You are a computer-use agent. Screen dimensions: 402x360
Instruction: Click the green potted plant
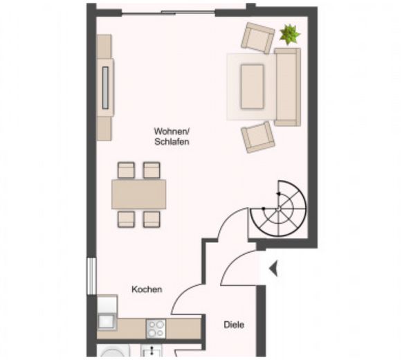click(x=290, y=34)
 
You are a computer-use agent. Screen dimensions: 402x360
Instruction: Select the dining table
click(x=138, y=195)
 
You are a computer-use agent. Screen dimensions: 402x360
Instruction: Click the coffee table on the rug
click(x=252, y=87)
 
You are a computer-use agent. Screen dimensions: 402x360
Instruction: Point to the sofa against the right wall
click(x=287, y=87)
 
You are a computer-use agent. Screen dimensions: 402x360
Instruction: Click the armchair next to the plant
click(x=257, y=38)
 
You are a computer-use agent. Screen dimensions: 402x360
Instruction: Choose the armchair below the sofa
click(x=257, y=137)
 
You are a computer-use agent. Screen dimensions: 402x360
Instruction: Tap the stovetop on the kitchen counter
click(x=156, y=328)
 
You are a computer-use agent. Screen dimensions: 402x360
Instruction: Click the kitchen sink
click(x=107, y=321)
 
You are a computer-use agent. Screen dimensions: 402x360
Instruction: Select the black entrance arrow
click(x=273, y=269)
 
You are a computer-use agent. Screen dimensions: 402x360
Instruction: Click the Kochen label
click(x=147, y=289)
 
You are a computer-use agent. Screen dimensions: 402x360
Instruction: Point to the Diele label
click(x=234, y=325)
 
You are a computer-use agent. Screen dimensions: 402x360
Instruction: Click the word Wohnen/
click(x=172, y=132)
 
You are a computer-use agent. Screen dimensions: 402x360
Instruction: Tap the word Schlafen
click(x=172, y=142)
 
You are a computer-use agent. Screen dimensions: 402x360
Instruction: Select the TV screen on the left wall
click(x=105, y=87)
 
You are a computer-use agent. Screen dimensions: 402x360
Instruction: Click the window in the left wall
click(x=91, y=276)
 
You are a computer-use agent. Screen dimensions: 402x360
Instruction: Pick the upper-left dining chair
click(x=126, y=170)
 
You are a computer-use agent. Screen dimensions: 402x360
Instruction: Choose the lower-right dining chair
click(x=152, y=219)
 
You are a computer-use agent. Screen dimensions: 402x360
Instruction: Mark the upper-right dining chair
click(x=152, y=170)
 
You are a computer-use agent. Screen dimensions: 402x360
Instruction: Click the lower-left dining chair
click(x=126, y=219)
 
